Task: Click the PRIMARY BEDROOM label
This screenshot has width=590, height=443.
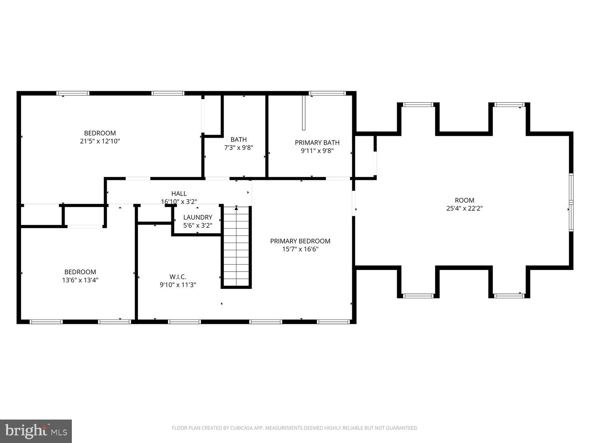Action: pos(300,241)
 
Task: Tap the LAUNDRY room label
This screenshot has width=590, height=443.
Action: pos(197,217)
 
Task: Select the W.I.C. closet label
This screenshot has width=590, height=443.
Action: pos(178,276)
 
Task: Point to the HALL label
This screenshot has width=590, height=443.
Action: pos(179,193)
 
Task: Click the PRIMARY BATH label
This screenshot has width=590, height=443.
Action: pos(317,143)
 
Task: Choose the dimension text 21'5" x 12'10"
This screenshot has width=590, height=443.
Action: pos(100,141)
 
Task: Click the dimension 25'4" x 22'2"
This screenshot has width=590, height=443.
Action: pos(464,208)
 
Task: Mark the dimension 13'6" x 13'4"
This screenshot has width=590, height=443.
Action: pos(80,280)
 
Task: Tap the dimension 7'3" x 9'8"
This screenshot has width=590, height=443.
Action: pos(239,147)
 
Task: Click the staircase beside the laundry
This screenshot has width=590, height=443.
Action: pos(236,246)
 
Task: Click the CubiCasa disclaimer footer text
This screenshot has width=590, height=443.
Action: pos(295,428)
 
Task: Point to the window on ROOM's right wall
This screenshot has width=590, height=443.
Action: pos(571,202)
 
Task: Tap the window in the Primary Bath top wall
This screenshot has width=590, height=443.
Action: pos(327,93)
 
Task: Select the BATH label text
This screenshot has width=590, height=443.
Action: pos(239,140)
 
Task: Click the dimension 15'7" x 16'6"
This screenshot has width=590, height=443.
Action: pos(300,249)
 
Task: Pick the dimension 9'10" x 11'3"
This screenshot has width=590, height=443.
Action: pos(178,285)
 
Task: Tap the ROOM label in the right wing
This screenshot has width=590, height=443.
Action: pos(464,200)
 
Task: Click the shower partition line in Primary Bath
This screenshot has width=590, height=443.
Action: pos(303,113)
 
